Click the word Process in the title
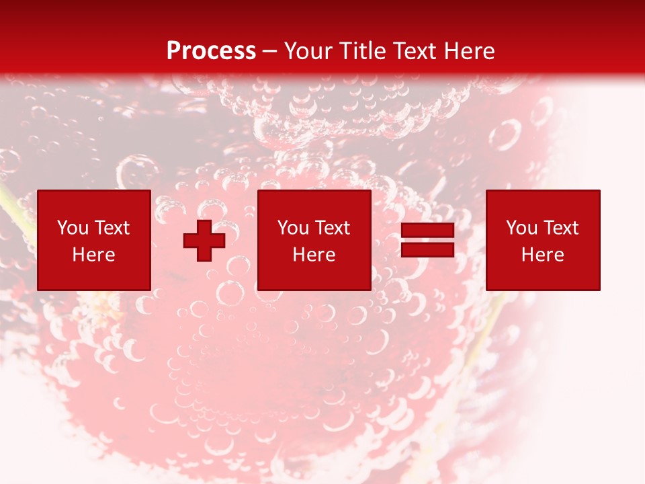click(211, 51)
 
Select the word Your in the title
click(308, 51)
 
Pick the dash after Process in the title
click(270, 52)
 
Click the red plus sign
click(204, 241)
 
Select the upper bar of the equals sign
click(427, 231)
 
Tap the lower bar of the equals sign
click(427, 250)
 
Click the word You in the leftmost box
click(73, 228)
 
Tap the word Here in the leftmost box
click(94, 255)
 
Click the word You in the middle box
click(293, 228)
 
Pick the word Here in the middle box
click(314, 255)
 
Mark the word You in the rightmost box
click(521, 228)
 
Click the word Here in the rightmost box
click(543, 255)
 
